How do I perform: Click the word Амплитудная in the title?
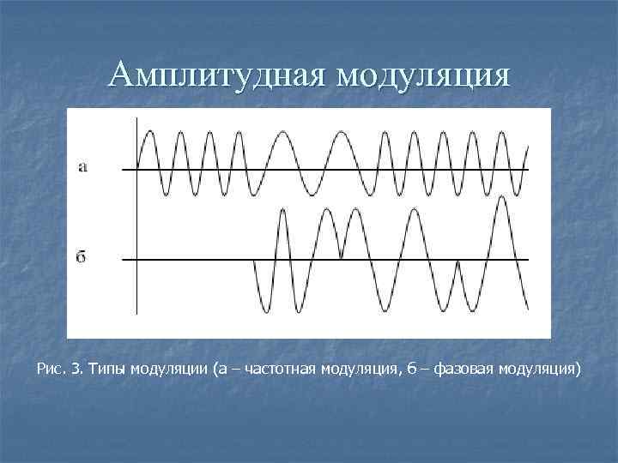click(x=218, y=75)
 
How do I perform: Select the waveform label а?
click(x=82, y=167)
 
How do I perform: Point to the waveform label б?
click(x=82, y=256)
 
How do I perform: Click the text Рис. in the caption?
click(x=51, y=370)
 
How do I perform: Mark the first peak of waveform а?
click(x=150, y=131)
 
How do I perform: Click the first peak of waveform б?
click(x=282, y=209)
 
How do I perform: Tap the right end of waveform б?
click(x=526, y=309)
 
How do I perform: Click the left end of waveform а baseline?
click(x=124, y=169)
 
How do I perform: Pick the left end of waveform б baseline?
click(x=124, y=258)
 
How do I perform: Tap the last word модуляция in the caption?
click(x=540, y=370)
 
